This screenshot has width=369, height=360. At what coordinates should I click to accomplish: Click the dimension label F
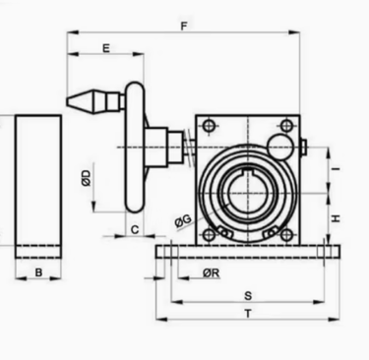coord(184,26)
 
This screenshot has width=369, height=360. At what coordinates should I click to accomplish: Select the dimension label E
coord(106,48)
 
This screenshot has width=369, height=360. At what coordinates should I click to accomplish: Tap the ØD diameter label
coord(86,178)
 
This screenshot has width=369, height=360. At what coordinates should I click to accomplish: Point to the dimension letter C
coord(135,230)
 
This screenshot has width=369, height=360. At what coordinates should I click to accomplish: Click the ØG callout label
coord(183,220)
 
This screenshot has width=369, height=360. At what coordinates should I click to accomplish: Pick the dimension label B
coord(38,272)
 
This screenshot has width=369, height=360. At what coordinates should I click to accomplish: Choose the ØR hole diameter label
coord(211,272)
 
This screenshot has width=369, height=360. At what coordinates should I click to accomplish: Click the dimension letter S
coord(248,296)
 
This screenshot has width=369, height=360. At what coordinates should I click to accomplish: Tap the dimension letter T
coord(248,314)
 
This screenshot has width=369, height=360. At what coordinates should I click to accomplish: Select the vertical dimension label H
coord(336,218)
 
